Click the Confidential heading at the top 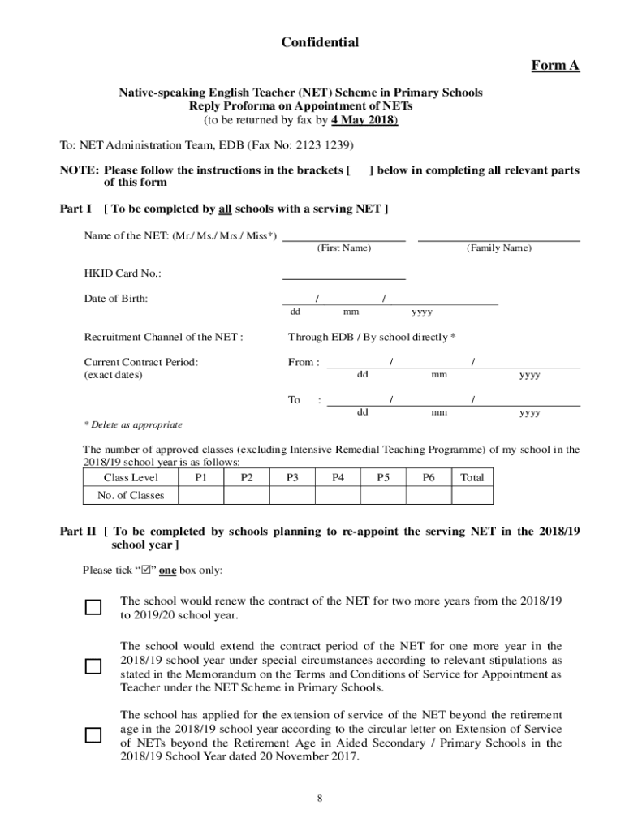(x=319, y=42)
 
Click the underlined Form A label (x=555, y=66)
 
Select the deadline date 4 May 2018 (x=363, y=120)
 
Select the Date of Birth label (x=116, y=299)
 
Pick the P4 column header (x=338, y=478)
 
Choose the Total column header (x=472, y=478)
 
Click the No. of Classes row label (x=124, y=496)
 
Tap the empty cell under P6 (x=429, y=496)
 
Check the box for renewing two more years (x=93, y=608)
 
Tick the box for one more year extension (x=93, y=666)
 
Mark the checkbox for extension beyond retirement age (x=93, y=735)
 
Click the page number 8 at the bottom (x=320, y=799)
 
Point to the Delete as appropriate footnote (x=133, y=424)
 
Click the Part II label (x=78, y=532)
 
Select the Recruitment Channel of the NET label (x=163, y=337)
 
